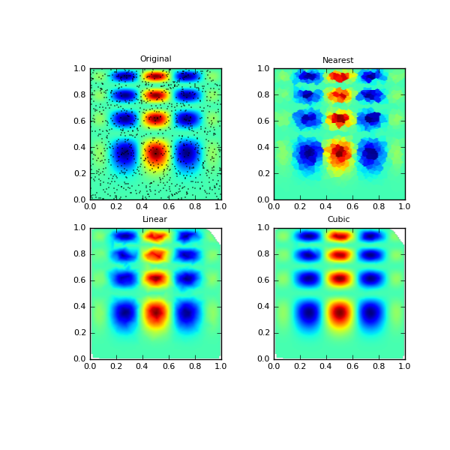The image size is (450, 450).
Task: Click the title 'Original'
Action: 155,59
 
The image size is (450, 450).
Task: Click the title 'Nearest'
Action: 337,60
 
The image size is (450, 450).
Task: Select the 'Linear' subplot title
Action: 154,219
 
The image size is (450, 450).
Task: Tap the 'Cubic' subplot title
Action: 338,219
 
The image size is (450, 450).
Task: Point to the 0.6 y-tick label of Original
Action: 79,121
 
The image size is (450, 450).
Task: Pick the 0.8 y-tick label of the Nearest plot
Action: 262,94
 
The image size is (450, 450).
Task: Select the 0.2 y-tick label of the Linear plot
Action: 79,333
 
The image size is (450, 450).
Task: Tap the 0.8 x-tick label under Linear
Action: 195,366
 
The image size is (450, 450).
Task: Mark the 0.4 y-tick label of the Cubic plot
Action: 262,307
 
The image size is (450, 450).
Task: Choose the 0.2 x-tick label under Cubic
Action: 300,366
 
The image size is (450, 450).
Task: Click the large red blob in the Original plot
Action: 155,153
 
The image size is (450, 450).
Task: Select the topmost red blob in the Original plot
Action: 155,76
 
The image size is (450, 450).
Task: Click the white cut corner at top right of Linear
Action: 217,232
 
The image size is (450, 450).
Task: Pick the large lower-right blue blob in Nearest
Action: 370,153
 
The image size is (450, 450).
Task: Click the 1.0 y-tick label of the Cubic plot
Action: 262,228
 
